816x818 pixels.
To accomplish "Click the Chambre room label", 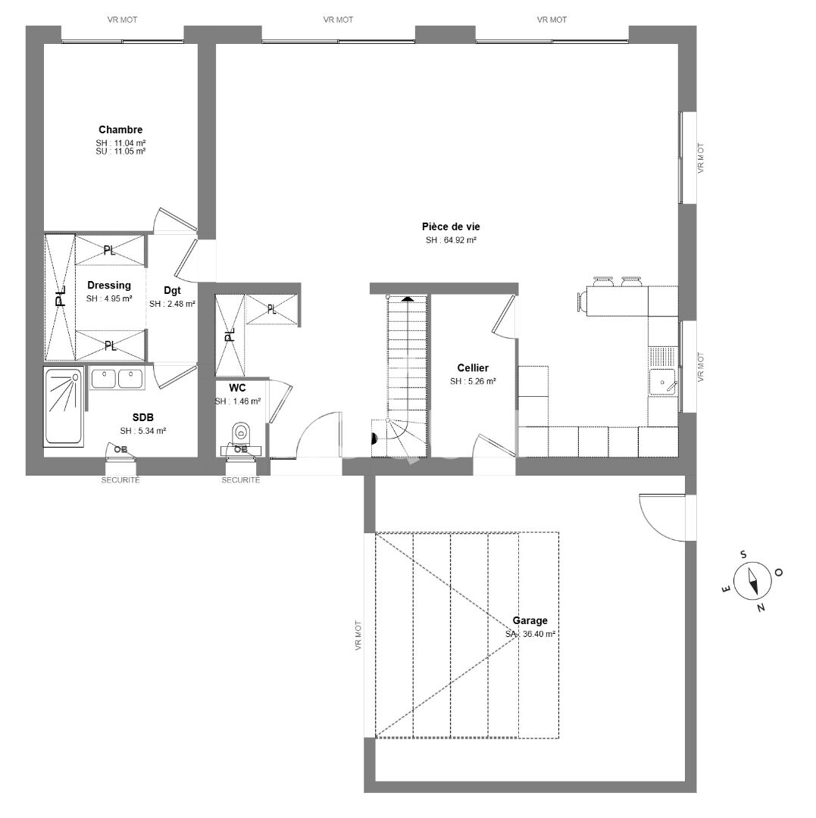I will tap(120, 130).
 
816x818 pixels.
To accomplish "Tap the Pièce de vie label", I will tap(451, 226).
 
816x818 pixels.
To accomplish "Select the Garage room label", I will tap(530, 620).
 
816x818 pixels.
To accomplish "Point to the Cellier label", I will tap(473, 368).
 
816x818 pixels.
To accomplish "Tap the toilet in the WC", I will tap(241, 434).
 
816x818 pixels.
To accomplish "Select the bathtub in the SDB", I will tap(64, 407).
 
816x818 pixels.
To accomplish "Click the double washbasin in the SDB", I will tap(117, 378).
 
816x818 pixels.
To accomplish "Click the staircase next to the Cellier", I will tap(407, 364).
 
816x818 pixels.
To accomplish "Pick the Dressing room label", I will tap(109, 286).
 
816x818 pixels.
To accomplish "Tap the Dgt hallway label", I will tap(172, 290).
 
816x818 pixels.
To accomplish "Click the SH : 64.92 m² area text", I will tap(451, 240).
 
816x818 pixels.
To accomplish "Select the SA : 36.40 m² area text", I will tap(530, 634).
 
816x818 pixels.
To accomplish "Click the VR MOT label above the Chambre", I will tap(122, 20).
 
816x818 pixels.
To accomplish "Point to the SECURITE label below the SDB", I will tap(121, 480).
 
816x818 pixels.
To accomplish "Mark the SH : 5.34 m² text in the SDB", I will tap(142, 431).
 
